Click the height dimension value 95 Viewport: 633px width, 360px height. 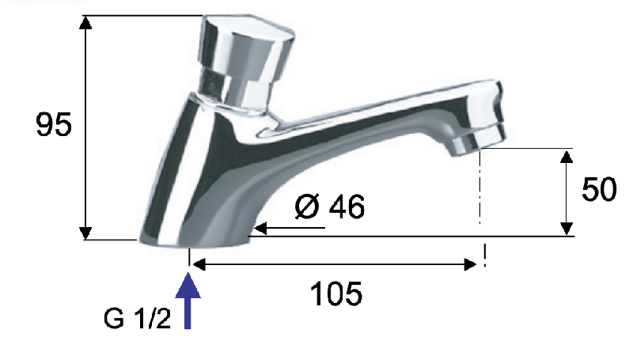[54, 124]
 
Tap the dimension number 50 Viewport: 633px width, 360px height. [599, 189]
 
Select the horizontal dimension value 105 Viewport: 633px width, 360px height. [335, 294]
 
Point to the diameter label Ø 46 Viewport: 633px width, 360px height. [329, 207]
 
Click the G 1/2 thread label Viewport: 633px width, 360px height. [137, 318]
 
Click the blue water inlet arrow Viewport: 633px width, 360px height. [188, 301]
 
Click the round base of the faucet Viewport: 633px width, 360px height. [195, 240]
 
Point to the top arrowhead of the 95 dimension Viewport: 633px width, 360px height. [85, 23]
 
